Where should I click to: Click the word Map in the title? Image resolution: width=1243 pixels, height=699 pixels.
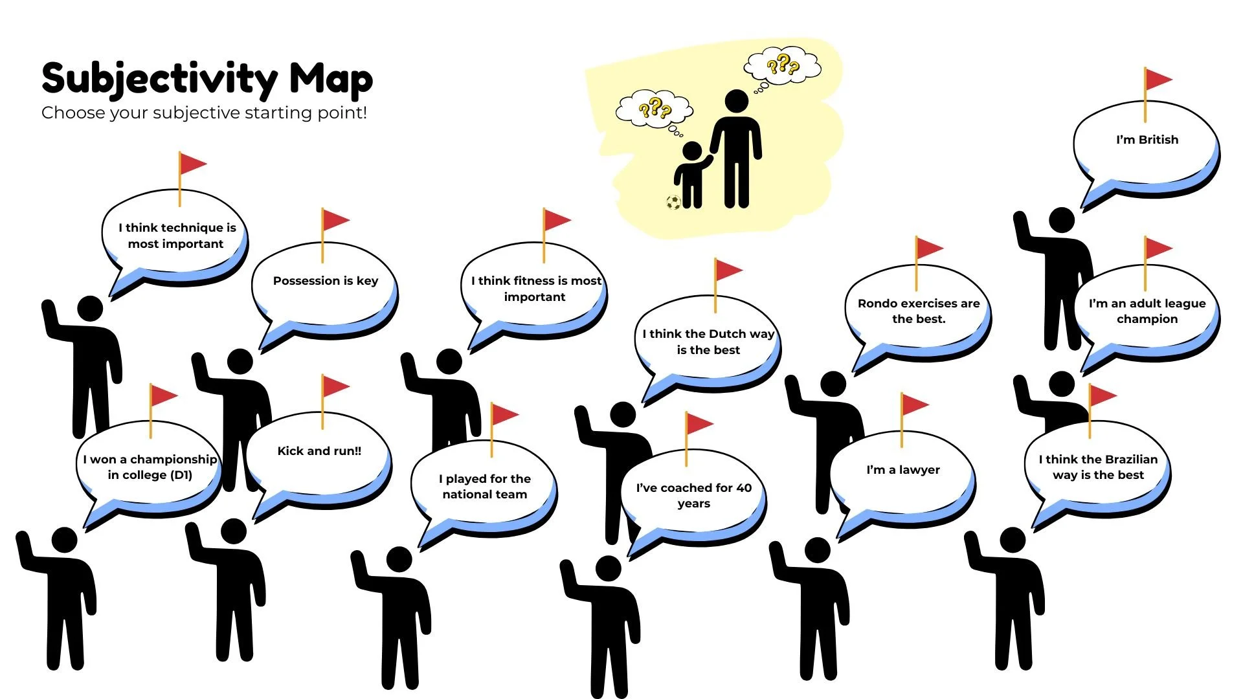click(331, 79)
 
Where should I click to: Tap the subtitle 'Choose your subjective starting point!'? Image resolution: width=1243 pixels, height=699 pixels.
click(204, 113)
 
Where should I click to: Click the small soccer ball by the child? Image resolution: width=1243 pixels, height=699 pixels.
click(673, 203)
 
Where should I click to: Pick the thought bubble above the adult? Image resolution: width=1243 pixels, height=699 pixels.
click(783, 65)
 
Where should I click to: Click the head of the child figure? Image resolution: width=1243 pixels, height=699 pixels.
click(692, 151)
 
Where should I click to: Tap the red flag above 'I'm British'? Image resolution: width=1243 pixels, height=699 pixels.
click(1158, 80)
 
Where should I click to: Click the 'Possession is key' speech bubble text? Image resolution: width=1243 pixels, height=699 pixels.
click(325, 281)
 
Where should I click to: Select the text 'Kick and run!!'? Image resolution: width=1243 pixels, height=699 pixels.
click(319, 451)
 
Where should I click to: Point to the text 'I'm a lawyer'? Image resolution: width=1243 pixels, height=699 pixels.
click(903, 470)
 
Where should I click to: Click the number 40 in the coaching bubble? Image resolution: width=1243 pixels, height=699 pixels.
click(744, 488)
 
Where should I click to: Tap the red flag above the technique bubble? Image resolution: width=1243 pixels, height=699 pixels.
click(192, 164)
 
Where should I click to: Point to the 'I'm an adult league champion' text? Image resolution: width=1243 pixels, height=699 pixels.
click(1147, 311)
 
